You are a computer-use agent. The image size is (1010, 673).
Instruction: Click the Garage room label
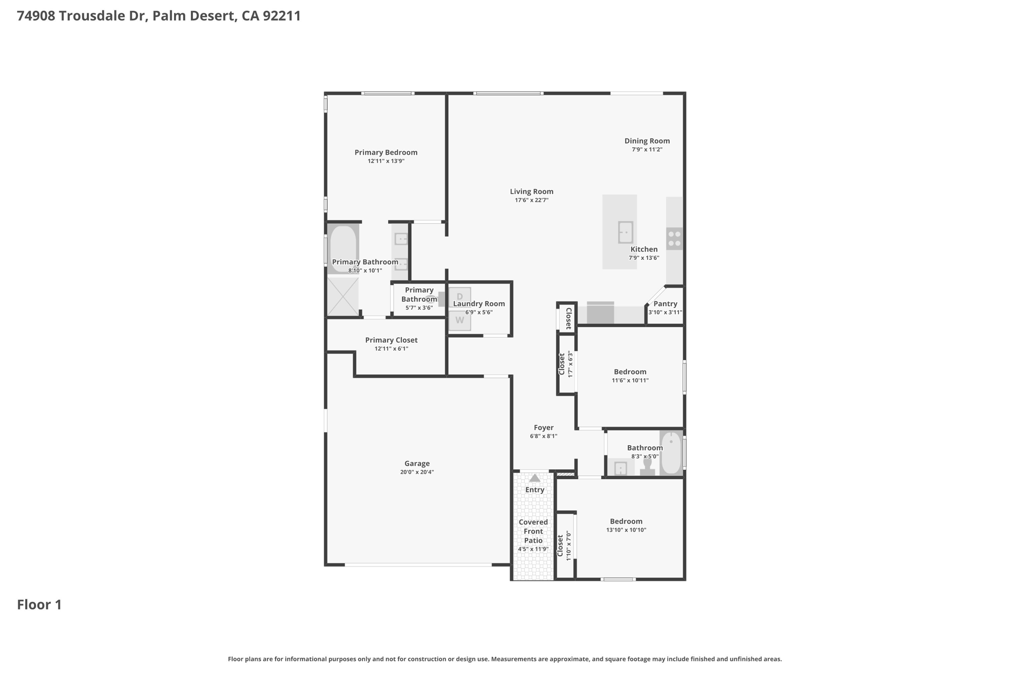(417, 463)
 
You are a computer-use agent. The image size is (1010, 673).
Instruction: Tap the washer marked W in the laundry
(460, 320)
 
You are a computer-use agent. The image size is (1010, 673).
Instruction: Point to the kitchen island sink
(626, 232)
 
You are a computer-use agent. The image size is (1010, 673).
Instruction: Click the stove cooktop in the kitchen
(674, 239)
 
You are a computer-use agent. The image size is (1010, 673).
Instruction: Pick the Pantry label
(665, 304)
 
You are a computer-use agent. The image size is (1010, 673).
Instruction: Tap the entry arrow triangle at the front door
(535, 478)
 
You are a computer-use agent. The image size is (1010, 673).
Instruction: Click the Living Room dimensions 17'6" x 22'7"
(532, 200)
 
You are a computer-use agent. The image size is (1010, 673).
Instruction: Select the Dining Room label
(647, 141)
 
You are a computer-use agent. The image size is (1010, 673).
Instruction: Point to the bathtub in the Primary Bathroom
(343, 248)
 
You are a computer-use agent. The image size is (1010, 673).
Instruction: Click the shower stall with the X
(343, 296)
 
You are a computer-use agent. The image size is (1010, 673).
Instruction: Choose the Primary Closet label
(392, 340)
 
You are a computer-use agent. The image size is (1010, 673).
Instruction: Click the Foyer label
(543, 428)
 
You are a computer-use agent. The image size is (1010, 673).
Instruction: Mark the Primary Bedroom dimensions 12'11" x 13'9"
(386, 161)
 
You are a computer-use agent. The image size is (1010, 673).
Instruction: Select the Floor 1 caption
(39, 605)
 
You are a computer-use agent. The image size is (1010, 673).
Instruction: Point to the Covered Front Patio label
(533, 531)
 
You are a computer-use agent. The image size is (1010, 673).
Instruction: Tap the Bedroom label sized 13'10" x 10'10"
(626, 522)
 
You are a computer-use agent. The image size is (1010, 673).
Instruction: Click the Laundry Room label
(479, 304)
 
